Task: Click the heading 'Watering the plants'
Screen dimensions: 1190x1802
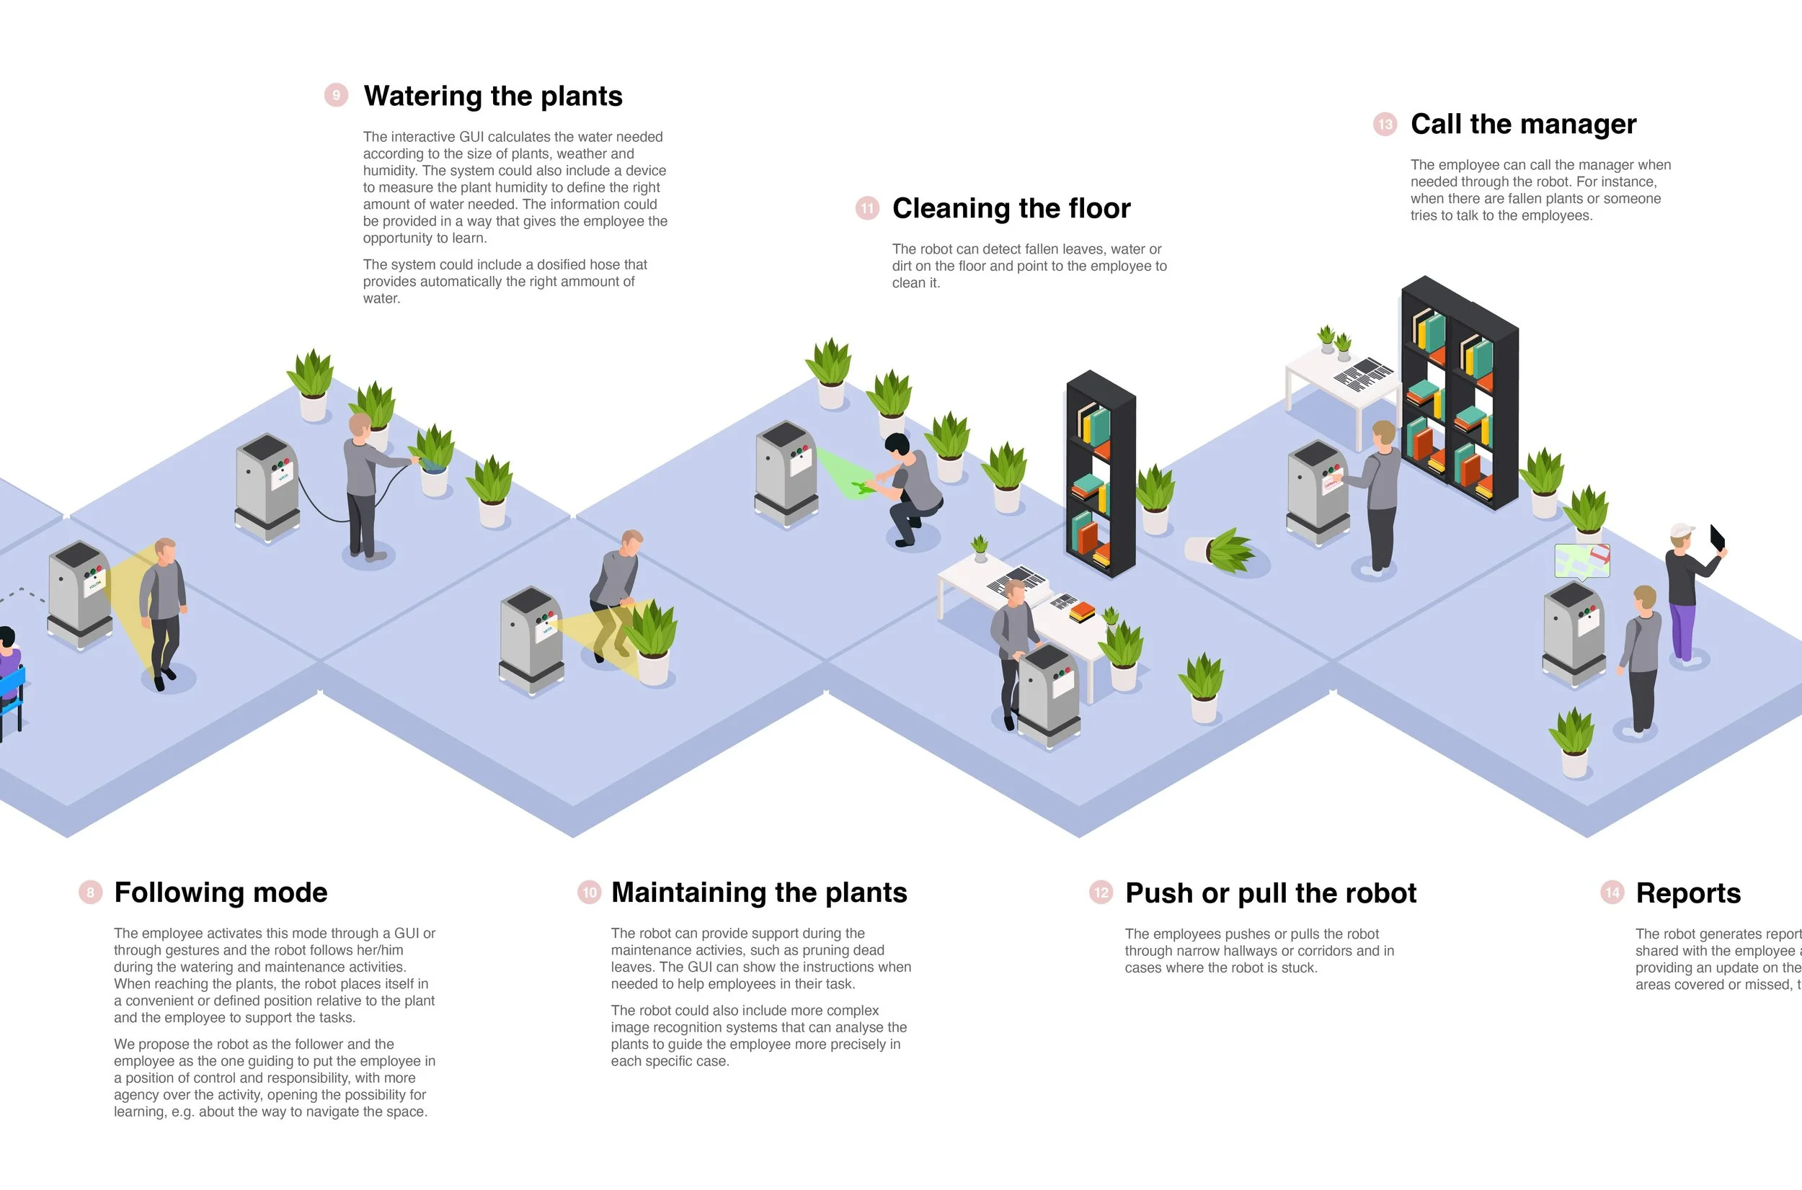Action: point(493,97)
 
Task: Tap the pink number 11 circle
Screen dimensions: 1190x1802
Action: point(867,208)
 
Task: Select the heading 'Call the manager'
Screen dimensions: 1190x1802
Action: point(1522,124)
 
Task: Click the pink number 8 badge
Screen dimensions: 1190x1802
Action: point(90,892)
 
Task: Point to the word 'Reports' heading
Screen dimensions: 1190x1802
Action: point(1687,892)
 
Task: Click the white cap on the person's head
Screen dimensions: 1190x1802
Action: point(1682,529)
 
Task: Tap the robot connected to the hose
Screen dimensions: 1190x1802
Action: point(267,486)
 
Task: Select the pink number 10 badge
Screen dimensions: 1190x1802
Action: point(590,892)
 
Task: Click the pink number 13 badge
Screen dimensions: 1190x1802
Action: point(1385,124)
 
